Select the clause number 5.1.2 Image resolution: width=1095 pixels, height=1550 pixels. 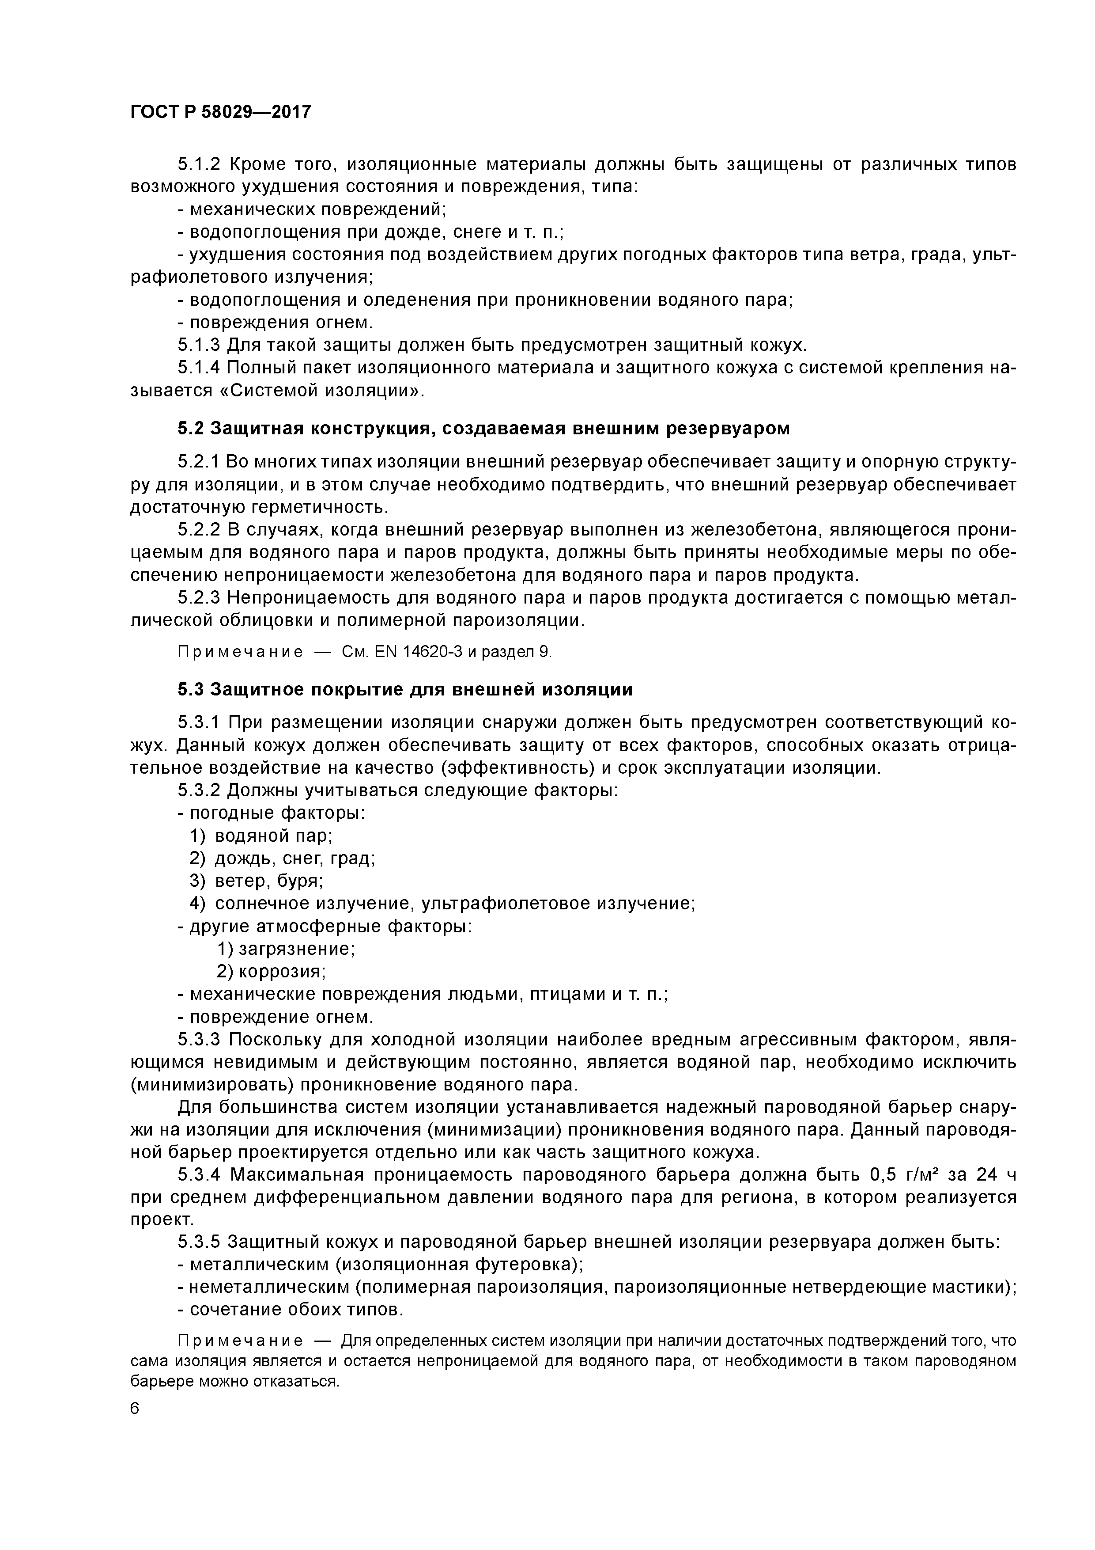pyautogui.click(x=199, y=165)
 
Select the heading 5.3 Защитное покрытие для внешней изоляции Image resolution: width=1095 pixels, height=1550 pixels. pyautogui.click(x=405, y=689)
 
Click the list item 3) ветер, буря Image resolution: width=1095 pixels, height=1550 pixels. pyautogui.click(x=257, y=881)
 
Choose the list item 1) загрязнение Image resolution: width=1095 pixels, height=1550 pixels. pyautogui.click(x=286, y=949)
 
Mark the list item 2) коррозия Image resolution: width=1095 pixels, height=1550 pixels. pyautogui.click(x=272, y=972)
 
